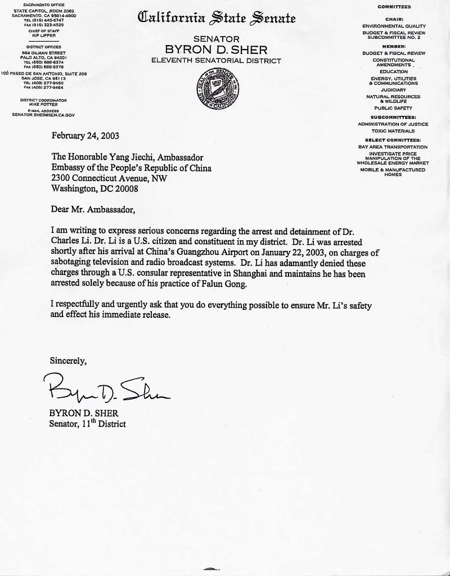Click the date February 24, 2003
[85, 136]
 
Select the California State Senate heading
[217, 19]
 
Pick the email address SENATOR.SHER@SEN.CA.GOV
[43, 114]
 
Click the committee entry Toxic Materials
[393, 131]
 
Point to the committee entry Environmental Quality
[394, 26]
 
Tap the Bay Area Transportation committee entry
[393, 147]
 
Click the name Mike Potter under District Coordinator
[43, 104]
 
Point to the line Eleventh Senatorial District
[217, 60]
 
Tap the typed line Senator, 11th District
[87, 424]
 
